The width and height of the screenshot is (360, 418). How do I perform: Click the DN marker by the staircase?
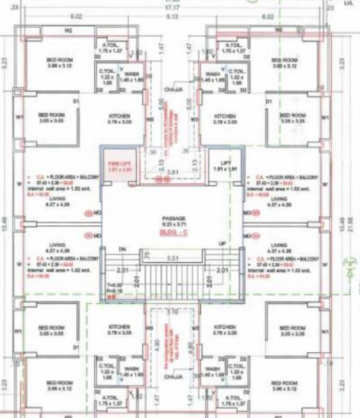(x=122, y=249)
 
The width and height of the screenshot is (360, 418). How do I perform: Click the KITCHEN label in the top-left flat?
(x=119, y=116)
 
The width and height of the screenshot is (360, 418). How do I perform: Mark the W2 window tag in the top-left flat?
(x=69, y=31)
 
